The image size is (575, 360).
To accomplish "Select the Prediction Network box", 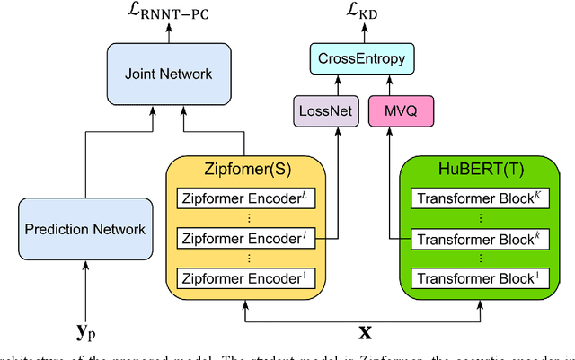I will (84, 229).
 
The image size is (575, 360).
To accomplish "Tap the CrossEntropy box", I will (361, 59).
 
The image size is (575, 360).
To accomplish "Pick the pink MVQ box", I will (395, 111).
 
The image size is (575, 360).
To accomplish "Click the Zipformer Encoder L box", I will (243, 199).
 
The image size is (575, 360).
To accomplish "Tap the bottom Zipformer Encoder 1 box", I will (243, 277).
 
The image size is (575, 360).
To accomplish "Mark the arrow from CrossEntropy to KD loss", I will (361, 34).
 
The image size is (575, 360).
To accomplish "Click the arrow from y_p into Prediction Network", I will (84, 287).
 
